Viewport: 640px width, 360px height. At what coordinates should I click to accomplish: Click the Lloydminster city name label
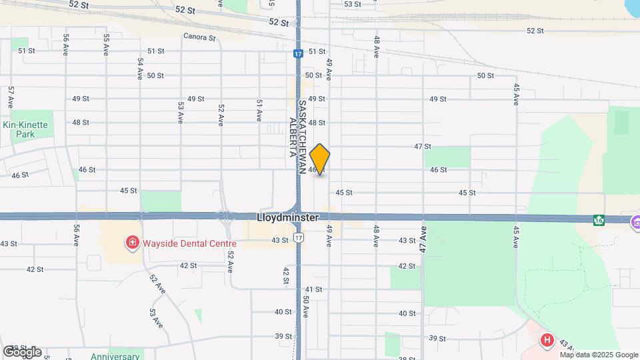point(287,218)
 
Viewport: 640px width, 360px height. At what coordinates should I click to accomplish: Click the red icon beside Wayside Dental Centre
point(132,242)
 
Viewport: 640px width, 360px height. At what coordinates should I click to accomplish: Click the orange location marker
point(320,159)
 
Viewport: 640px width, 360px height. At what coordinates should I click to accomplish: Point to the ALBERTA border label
point(292,137)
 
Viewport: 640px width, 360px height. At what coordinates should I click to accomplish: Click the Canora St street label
point(199,38)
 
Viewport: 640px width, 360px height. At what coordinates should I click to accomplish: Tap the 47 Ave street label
point(423,238)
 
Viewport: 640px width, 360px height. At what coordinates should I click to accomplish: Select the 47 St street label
point(423,146)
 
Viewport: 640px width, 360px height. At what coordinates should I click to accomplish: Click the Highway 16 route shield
point(599,220)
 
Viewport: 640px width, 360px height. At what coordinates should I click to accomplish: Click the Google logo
point(22,351)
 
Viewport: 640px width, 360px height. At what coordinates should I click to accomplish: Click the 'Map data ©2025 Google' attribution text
point(599,355)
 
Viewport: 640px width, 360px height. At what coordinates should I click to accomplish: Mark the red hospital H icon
point(547,341)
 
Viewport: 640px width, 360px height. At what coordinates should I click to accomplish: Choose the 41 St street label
point(313,289)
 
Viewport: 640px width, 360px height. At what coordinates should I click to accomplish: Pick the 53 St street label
point(352,4)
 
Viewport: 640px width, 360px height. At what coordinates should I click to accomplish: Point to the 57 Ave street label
point(11,97)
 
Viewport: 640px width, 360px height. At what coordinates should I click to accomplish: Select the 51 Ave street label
point(259,111)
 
